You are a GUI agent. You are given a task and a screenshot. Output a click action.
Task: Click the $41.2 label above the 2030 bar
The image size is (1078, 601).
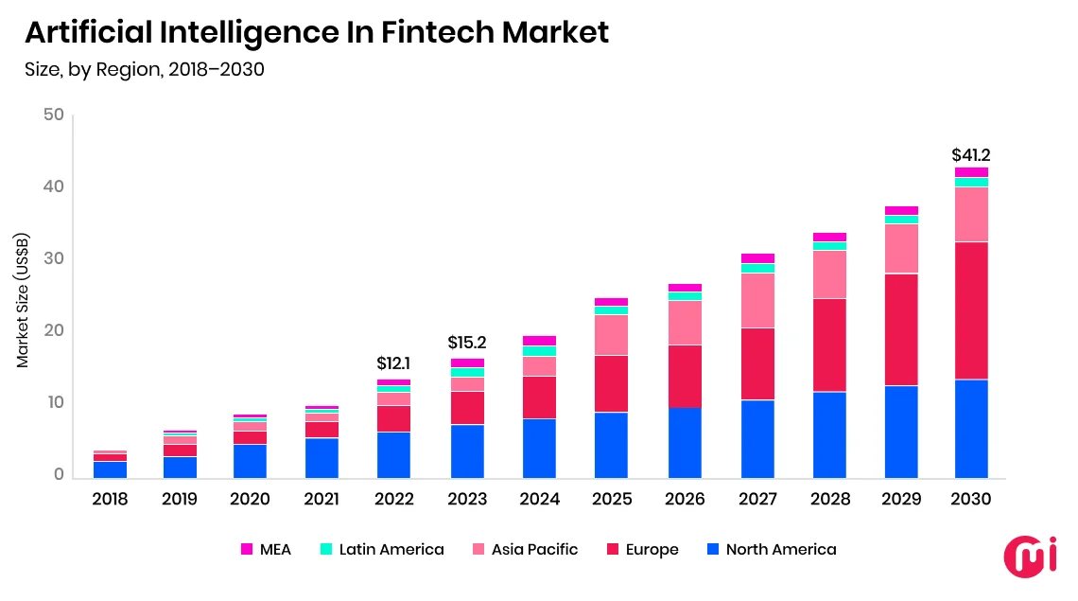pos(971,155)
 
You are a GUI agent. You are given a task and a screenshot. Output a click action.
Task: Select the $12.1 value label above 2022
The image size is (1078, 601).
pos(393,362)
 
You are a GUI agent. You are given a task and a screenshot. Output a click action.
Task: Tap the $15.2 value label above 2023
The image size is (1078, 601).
pos(467,343)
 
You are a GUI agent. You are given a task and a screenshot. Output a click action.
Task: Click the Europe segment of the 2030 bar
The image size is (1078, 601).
pos(971,310)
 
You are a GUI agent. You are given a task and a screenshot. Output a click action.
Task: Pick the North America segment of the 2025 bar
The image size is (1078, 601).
pos(611,445)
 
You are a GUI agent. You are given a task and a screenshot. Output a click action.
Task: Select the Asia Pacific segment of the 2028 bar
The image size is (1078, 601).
pos(829,274)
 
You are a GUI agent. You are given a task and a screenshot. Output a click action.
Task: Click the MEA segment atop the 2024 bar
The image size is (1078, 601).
pos(539,341)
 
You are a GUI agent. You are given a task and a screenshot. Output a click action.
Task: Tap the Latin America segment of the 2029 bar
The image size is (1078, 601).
pos(901,220)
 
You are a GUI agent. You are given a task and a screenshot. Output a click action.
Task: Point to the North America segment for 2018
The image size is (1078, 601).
pos(110,469)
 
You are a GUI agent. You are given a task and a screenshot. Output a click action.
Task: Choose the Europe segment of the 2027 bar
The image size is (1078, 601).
pos(757,364)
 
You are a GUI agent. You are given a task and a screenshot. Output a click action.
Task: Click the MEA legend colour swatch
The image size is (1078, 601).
pos(247,549)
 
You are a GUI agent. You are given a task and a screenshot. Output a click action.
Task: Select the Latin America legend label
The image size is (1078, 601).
pos(391,549)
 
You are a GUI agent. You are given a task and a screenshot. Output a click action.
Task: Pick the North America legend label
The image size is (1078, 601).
pos(780,549)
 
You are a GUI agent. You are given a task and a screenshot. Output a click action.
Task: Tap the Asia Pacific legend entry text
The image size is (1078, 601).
pos(534,549)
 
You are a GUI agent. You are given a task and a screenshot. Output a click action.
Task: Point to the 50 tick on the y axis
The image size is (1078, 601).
pos(53,115)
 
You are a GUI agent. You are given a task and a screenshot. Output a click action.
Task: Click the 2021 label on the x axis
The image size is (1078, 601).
pos(322,500)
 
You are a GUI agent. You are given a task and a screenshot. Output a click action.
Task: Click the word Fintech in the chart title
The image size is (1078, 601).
pos(436,32)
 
